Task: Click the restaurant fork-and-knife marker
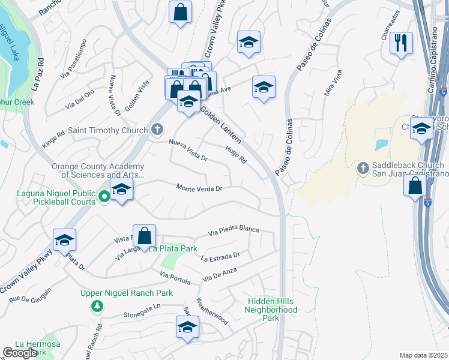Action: pyautogui.click(x=402, y=43)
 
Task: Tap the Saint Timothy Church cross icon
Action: pyautogui.click(x=157, y=130)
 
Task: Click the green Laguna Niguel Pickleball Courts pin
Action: pyautogui.click(x=104, y=196)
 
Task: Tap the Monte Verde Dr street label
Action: pyautogui.click(x=199, y=188)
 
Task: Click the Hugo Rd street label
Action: pyautogui.click(x=237, y=155)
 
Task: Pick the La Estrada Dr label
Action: pyautogui.click(x=220, y=257)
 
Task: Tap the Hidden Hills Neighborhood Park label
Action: pyautogui.click(x=271, y=306)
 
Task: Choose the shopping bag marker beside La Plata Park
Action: pyautogui.click(x=144, y=235)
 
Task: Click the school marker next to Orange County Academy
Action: pyautogui.click(x=122, y=190)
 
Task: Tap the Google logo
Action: pyautogui.click(x=20, y=353)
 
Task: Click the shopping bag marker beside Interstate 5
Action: pyautogui.click(x=415, y=185)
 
